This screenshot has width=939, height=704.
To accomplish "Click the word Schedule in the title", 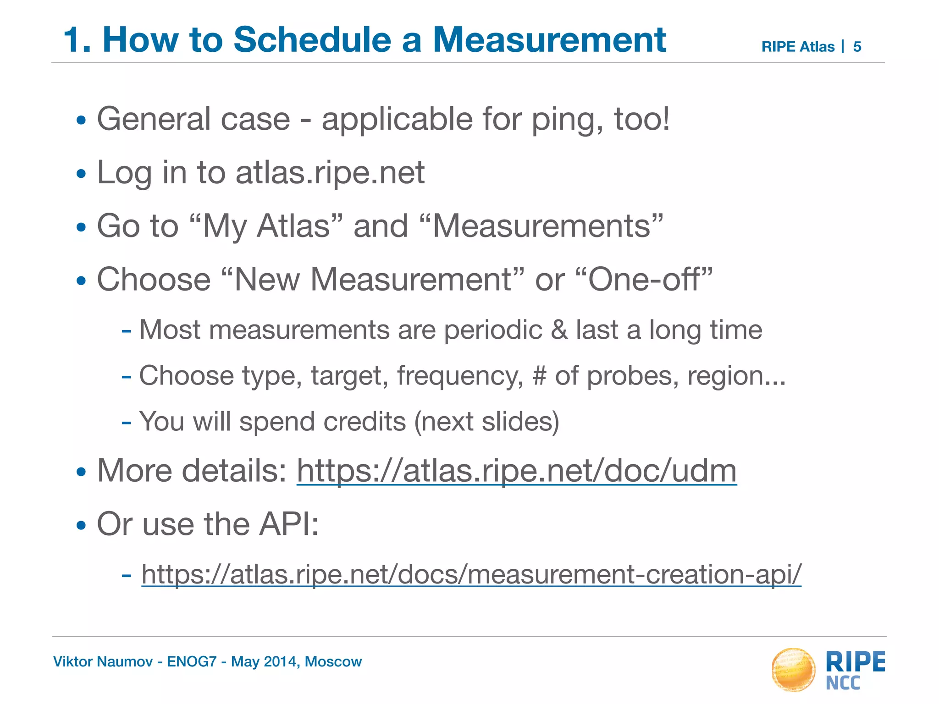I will pyautogui.click(x=311, y=40).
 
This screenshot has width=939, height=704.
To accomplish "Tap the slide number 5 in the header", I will pyautogui.click(x=857, y=47).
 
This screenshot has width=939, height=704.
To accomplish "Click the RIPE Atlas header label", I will pyautogui.click(x=798, y=47).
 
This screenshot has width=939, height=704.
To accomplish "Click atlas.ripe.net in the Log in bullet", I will pyautogui.click(x=330, y=173).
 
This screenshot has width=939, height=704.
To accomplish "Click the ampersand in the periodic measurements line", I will pyautogui.click(x=559, y=330).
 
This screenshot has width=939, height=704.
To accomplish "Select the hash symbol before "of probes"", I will pyautogui.click(x=540, y=375).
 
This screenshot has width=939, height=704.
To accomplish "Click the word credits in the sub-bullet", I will pyautogui.click(x=365, y=421).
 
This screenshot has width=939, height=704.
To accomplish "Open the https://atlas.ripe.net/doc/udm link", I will pyautogui.click(x=516, y=471).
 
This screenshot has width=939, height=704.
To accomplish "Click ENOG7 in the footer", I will pyautogui.click(x=191, y=661).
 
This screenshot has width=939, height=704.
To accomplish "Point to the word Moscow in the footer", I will pyautogui.click(x=333, y=661).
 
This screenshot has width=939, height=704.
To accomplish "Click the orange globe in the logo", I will pyautogui.click(x=793, y=670).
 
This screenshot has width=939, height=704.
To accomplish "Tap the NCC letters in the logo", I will pyautogui.click(x=843, y=683).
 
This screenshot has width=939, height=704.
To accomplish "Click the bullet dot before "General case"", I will pyautogui.click(x=81, y=121).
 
